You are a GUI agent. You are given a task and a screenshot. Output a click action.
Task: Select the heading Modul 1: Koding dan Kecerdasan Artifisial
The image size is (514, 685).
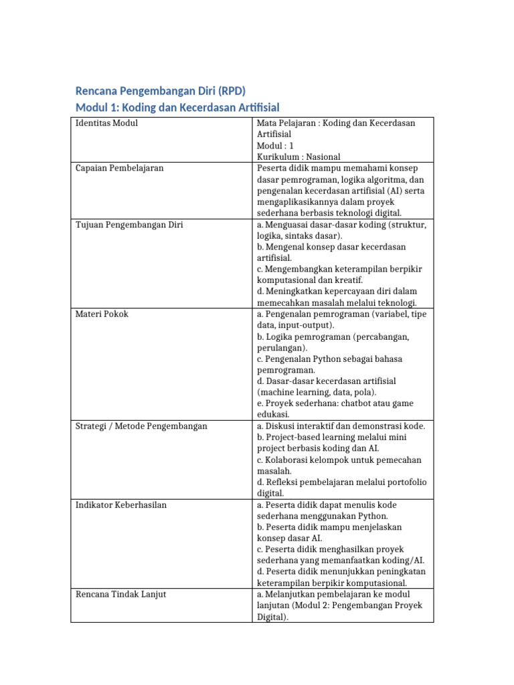click(177, 107)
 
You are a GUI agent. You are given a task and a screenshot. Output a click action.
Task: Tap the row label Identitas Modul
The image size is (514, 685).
click(106, 123)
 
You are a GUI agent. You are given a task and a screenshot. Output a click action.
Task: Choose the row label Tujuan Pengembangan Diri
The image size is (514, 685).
click(129, 224)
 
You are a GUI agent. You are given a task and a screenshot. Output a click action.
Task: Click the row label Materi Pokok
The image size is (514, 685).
click(102, 314)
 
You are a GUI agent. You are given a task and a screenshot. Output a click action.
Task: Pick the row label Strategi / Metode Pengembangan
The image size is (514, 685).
click(141, 426)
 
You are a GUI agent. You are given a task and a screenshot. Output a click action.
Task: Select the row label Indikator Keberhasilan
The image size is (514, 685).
click(121, 504)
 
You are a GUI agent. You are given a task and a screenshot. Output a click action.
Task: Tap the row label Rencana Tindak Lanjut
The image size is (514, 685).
click(121, 594)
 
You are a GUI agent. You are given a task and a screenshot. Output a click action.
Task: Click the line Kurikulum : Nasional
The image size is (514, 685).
click(298, 157)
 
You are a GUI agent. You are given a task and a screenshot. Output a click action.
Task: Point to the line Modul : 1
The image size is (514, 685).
click(275, 145)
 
